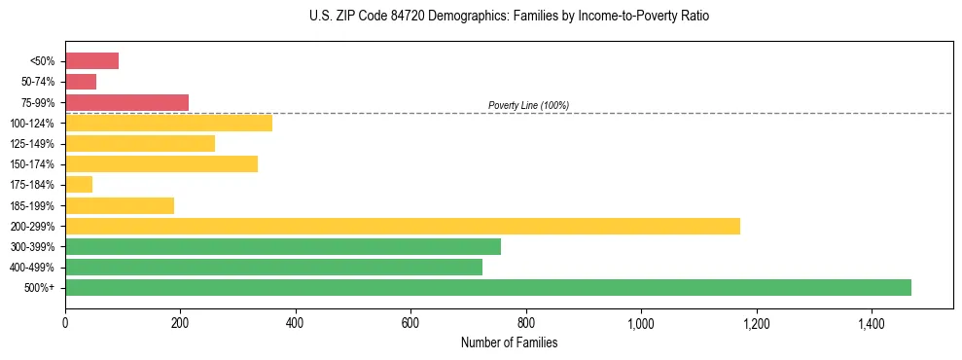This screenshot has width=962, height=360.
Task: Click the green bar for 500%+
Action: (x=487, y=287)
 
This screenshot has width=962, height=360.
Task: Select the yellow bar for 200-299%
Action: (x=402, y=226)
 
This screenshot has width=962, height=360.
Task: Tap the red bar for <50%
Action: (x=91, y=61)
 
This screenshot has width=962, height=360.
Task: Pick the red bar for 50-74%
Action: (x=81, y=82)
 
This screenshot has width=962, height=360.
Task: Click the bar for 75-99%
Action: (x=126, y=102)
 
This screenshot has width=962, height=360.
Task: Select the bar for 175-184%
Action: (x=79, y=184)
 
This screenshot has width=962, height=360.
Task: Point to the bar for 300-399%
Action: (x=282, y=246)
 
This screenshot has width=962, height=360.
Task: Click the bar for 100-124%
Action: (x=168, y=123)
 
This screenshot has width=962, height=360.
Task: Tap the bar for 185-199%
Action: (x=120, y=205)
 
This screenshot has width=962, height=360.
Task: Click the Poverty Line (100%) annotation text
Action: (x=528, y=105)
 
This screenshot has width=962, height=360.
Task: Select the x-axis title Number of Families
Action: (x=509, y=342)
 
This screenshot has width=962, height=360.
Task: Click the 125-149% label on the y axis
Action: (x=32, y=144)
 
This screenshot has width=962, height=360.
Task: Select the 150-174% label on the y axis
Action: (x=32, y=164)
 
